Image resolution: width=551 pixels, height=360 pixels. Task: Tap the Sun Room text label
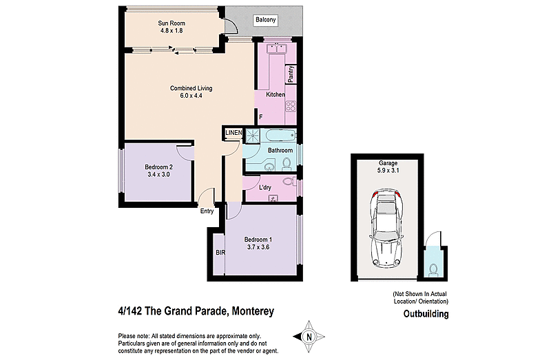pos(171,23)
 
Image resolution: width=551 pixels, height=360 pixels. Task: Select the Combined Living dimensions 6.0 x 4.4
pos(191,96)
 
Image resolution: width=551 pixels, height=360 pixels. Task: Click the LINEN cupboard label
pos(233,132)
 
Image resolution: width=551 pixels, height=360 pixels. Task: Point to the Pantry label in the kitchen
pos(291,74)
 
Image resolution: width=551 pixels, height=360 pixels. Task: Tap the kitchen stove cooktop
pos(290,107)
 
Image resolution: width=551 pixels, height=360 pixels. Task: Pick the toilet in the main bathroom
pos(287,162)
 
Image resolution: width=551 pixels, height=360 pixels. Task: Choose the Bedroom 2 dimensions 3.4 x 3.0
pos(158,175)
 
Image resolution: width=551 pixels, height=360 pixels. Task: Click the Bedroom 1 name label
pos(261,239)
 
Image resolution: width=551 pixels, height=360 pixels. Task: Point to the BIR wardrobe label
pos(220,253)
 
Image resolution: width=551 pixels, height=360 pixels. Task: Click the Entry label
pos(207,211)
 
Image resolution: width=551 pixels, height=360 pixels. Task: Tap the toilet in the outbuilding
pos(433,267)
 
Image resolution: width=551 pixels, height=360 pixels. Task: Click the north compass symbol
pos(309,336)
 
